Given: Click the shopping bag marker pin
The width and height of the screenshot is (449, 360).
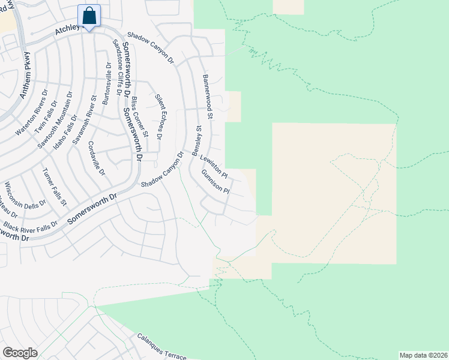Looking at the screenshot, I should point(89,16).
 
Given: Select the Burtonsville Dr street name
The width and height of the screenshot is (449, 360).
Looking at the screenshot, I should point(106,84).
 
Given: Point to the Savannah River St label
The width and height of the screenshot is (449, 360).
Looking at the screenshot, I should point(85,119).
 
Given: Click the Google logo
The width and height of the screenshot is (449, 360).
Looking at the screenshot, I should point(20,353).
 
